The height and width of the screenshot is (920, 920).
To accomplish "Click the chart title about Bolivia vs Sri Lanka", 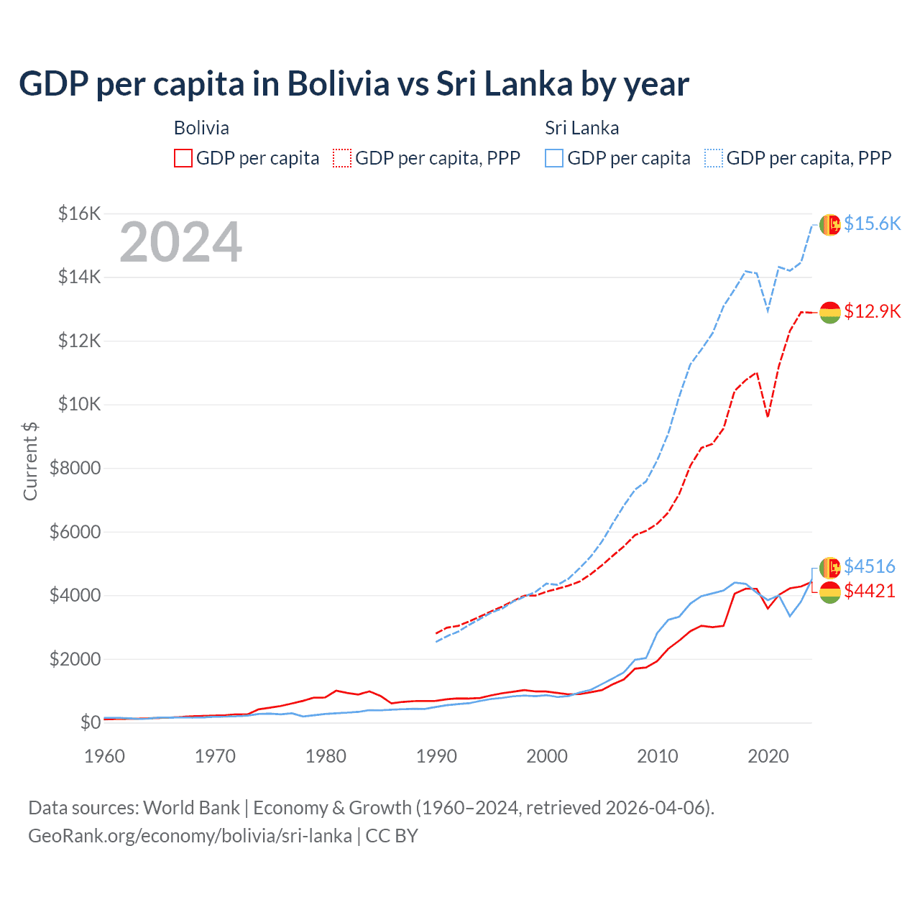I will [354, 84].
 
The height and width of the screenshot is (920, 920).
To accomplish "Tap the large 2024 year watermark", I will [180, 243].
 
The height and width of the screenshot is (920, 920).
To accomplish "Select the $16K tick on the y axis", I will [79, 213].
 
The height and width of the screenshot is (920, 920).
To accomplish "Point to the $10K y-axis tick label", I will [79, 404].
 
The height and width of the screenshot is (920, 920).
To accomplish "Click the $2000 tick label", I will [75, 659].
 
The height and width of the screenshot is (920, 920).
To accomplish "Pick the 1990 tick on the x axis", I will [436, 756].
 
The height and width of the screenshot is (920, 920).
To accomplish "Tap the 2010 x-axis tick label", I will [658, 756].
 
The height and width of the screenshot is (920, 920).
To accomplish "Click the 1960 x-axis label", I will [104, 756].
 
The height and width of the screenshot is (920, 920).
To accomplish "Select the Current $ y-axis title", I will [30, 461].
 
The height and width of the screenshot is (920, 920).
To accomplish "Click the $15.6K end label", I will [872, 224].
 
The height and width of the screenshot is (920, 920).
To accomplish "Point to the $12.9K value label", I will [872, 311].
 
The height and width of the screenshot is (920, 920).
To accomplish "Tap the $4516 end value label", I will [870, 566].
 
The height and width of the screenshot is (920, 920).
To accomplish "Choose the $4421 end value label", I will [870, 591].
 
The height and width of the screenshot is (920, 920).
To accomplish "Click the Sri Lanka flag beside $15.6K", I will [830, 225].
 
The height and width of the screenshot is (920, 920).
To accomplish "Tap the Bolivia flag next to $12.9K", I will [830, 312].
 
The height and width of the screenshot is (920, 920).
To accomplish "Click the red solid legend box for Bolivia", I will [183, 158].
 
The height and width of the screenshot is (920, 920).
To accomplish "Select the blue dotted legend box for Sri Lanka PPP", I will [714, 158].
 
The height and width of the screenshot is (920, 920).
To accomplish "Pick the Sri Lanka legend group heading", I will [581, 128].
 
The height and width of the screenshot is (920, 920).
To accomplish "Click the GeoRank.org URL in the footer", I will [190, 836].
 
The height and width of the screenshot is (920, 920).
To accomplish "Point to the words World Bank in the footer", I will [191, 808].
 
